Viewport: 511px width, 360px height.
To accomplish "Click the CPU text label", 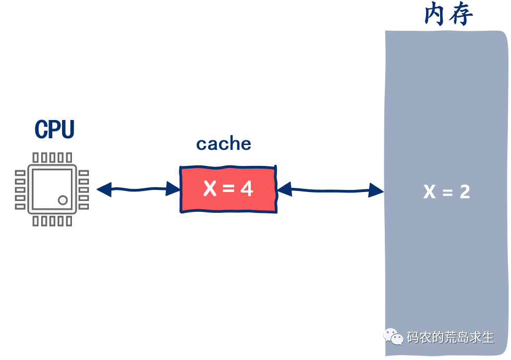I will tap(54, 129).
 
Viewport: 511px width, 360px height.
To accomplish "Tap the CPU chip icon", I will tap(52, 189).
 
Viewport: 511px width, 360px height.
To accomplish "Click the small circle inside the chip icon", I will tap(63, 200).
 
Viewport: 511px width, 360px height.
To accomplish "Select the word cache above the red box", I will tap(224, 143).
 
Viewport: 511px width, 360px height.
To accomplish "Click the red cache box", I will tap(228, 189).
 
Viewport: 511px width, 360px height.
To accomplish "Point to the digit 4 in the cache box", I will tap(247, 188).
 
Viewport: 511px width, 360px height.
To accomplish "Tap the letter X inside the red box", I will tap(210, 188).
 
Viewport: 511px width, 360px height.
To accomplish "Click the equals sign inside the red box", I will tap(228, 189).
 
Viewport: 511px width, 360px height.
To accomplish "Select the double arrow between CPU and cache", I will tap(139, 189).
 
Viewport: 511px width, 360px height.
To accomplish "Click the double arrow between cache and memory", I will tap(331, 190).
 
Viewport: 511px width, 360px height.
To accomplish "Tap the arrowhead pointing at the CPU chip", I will tap(104, 189).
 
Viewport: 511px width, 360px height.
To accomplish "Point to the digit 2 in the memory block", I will tap(464, 192).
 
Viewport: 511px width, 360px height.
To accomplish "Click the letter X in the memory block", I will tap(429, 192).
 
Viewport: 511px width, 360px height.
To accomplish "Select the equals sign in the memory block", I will tap(447, 193).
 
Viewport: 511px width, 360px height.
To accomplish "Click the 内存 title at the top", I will tap(448, 15).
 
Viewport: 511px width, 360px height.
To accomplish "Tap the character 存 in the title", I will tap(461, 15).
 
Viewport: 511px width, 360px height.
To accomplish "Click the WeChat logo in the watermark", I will tap(394, 337).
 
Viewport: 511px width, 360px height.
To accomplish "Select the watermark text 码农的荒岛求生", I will tap(451, 337).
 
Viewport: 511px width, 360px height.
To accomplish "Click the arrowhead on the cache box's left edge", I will tap(174, 188).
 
